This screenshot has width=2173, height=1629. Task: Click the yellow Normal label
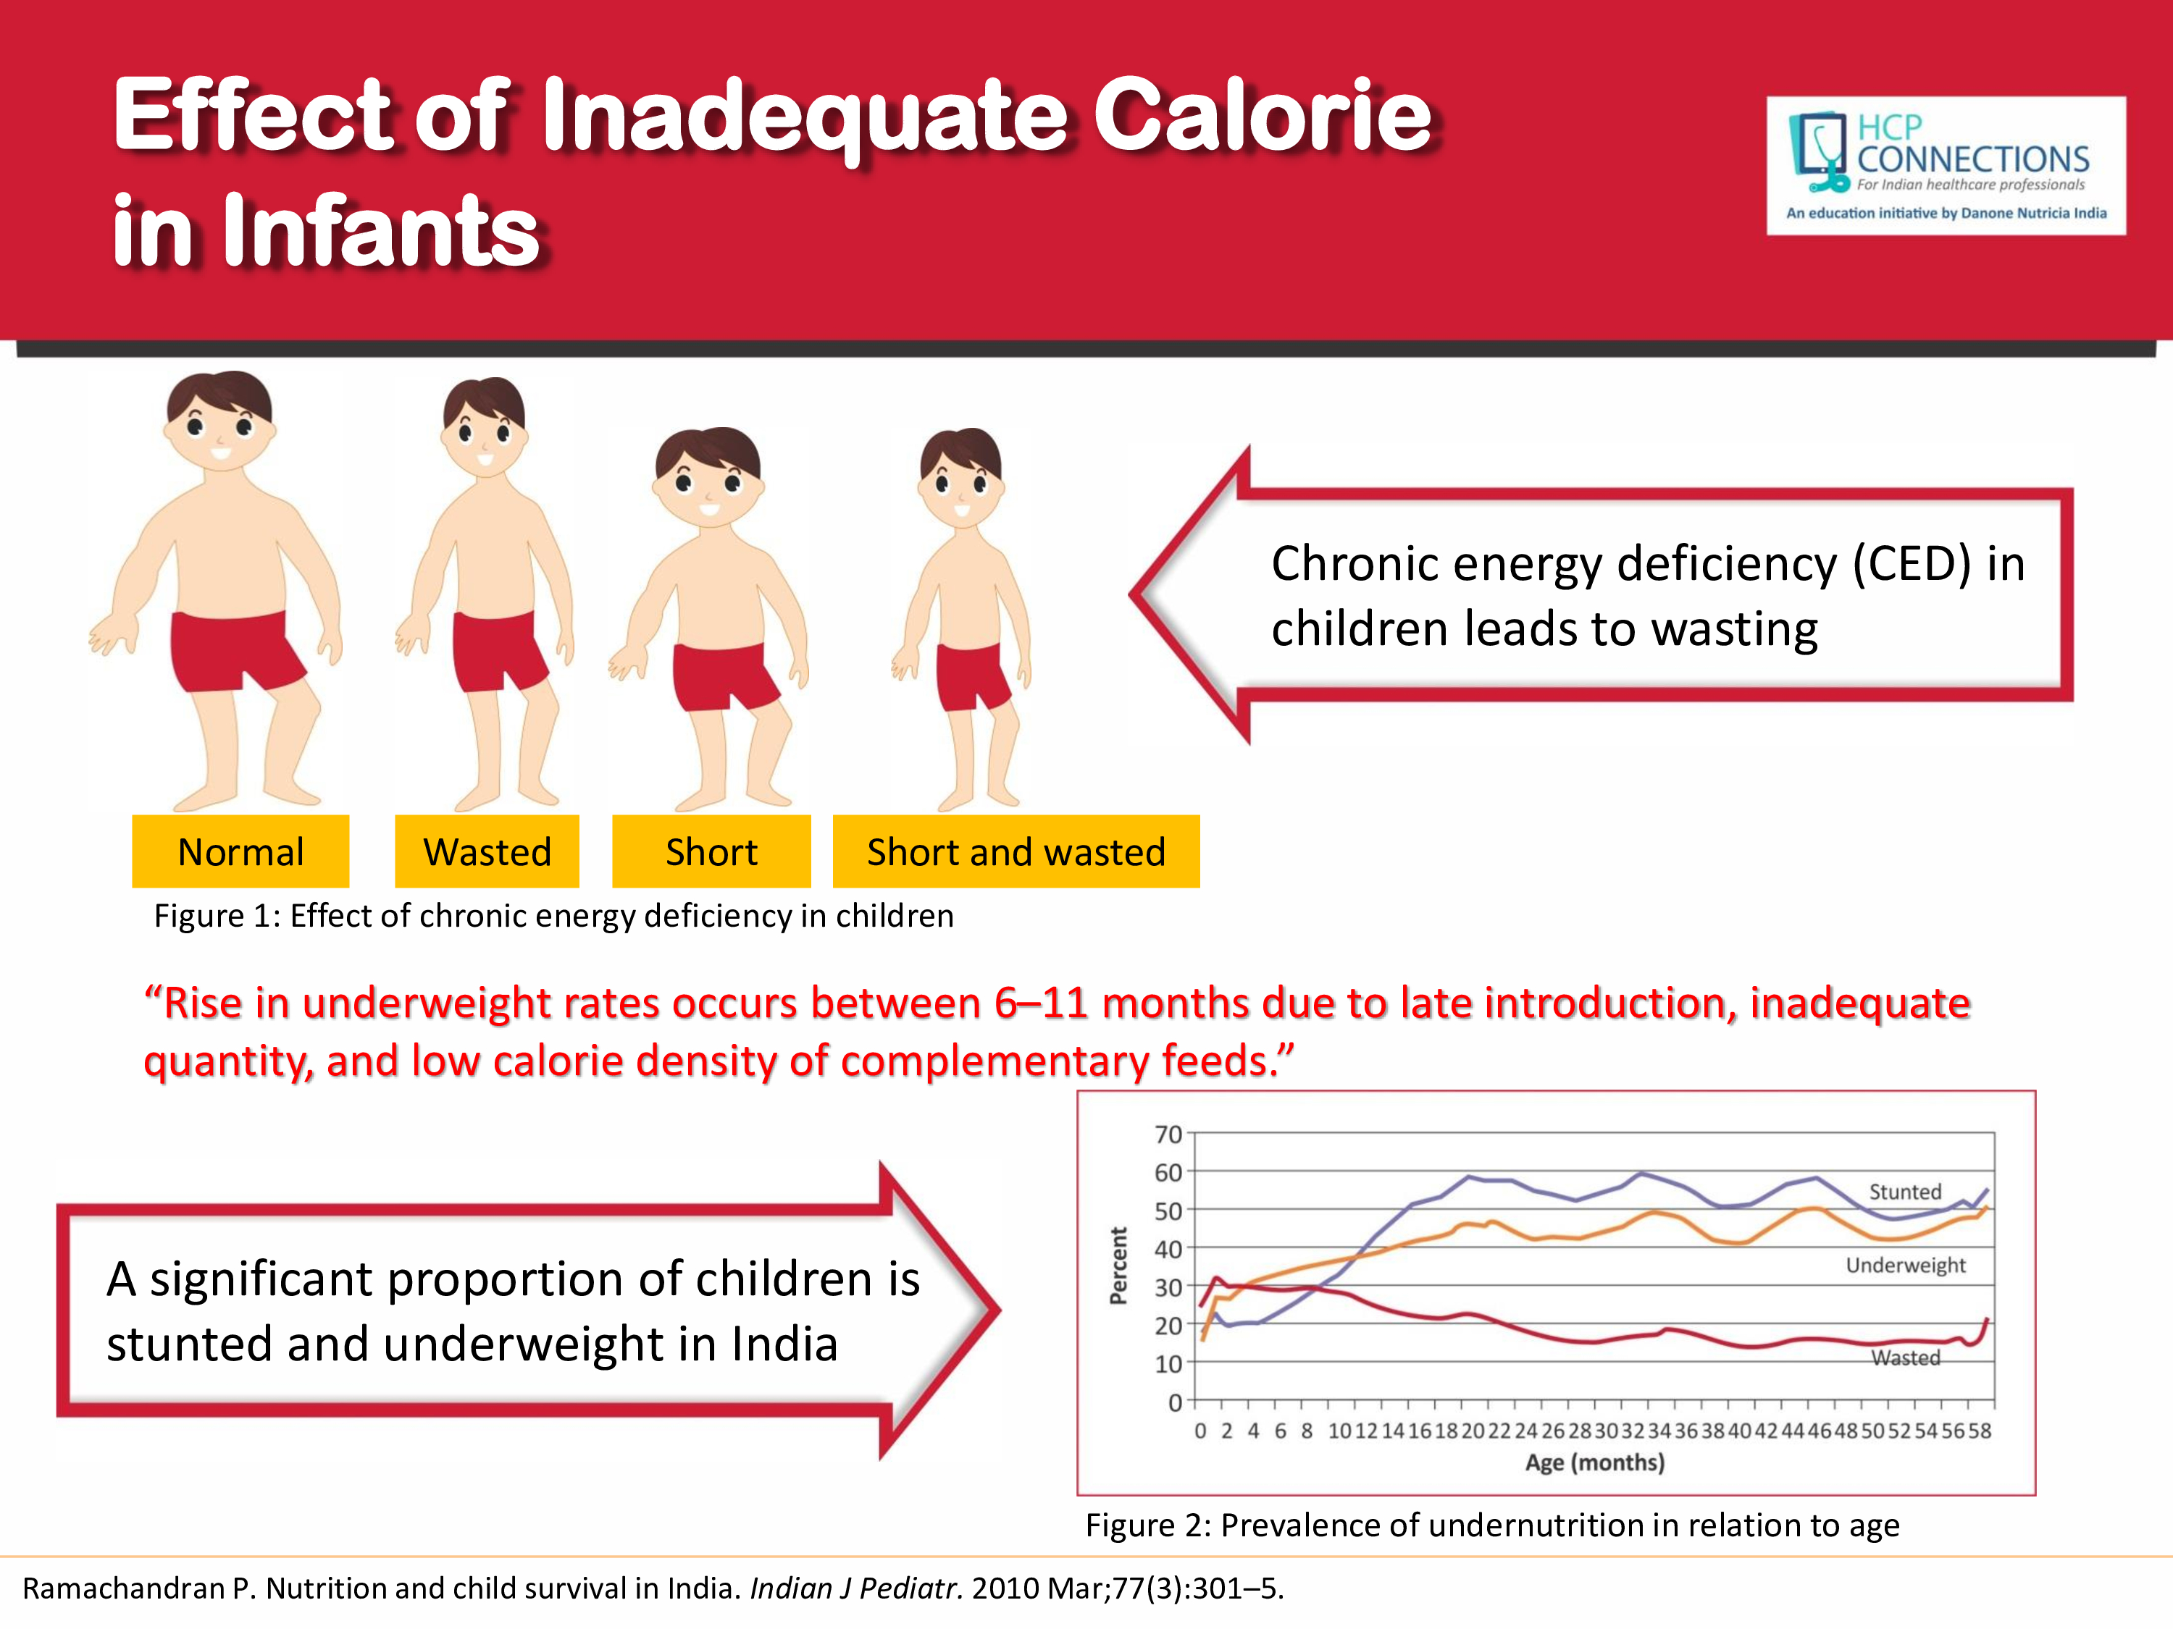click(240, 851)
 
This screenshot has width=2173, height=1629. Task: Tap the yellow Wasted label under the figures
click(487, 851)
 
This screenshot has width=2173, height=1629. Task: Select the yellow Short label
click(711, 851)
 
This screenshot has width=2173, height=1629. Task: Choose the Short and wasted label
click(1016, 851)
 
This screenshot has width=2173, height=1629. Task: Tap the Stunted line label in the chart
click(1905, 1192)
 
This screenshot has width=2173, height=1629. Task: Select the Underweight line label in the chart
click(1905, 1265)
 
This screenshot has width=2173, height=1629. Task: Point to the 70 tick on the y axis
click(1168, 1135)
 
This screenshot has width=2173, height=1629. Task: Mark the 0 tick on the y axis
click(1175, 1403)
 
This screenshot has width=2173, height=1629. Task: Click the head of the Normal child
click(220, 422)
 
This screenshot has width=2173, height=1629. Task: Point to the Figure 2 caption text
click(1492, 1525)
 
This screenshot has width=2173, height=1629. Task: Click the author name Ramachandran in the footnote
click(124, 1588)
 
